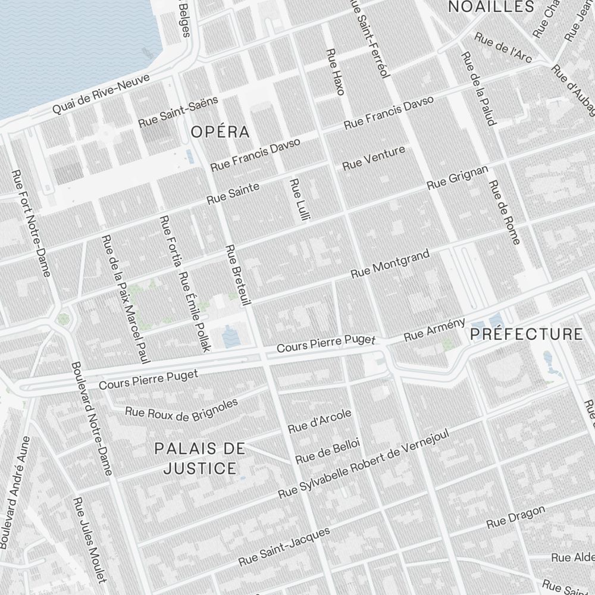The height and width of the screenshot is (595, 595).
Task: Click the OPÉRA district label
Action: [220, 131]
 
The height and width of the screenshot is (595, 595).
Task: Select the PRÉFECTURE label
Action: [527, 334]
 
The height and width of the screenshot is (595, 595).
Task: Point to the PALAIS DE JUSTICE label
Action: [200, 458]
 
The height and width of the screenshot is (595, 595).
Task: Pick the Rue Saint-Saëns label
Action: [178, 111]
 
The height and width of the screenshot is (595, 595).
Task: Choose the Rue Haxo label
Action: [336, 71]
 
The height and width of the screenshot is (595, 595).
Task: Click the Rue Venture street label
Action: [374, 158]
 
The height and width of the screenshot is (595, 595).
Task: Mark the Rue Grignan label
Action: [458, 178]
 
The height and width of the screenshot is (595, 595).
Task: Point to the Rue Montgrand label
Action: [390, 264]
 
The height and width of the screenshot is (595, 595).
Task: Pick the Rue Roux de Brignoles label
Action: [181, 409]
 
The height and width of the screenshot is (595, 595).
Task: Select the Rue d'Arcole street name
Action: [320, 421]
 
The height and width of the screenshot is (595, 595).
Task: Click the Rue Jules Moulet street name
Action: [89, 540]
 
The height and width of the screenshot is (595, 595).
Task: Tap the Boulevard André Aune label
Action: [15, 491]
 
